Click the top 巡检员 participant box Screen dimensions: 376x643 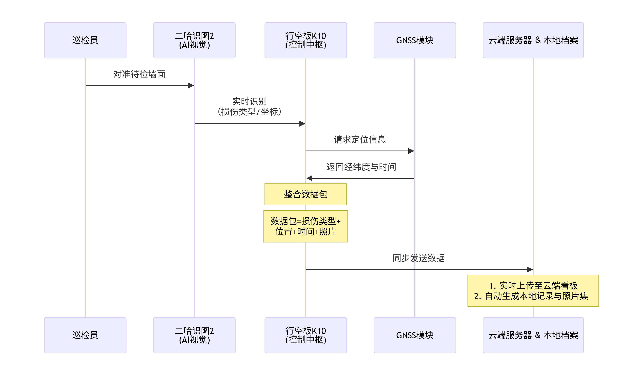coord(85,40)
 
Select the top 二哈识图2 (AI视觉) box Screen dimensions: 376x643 coord(194,40)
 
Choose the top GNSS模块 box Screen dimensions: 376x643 coord(415,40)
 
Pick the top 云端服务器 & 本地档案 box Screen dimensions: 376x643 coord(533,40)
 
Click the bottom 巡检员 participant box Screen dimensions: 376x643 coord(85,335)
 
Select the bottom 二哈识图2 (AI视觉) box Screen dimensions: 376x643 coord(194,335)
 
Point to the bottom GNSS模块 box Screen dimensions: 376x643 coord(415,335)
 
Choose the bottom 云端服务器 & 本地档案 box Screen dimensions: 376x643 coord(533,335)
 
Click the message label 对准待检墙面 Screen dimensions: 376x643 coord(139,74)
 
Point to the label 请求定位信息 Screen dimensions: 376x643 coord(360,139)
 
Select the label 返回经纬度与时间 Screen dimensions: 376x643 coord(361,167)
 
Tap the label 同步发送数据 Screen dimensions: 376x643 coord(419,258)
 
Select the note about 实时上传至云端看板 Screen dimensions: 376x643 coord(533,291)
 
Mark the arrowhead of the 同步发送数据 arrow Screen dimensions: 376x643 coord(529,269)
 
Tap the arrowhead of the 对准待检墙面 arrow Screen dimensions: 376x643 coord(191,85)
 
